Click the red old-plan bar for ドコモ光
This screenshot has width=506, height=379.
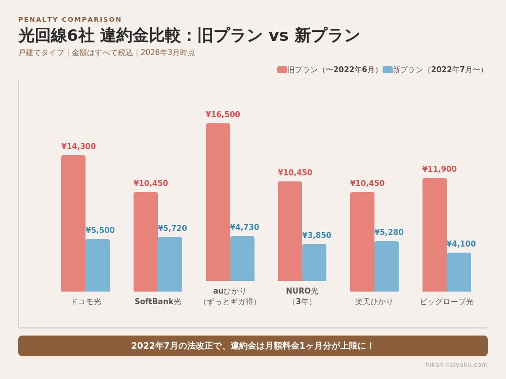(73, 223)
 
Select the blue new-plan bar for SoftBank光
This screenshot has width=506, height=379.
(170, 264)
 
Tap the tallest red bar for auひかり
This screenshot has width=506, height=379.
(218, 202)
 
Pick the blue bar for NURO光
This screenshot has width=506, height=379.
(314, 263)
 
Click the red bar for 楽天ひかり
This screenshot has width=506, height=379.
(362, 242)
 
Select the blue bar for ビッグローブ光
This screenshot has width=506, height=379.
(459, 272)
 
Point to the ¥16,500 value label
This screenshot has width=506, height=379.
(223, 115)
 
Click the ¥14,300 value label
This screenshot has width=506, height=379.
(78, 147)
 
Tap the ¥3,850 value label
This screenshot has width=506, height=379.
(317, 235)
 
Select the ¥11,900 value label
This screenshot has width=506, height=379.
(439, 169)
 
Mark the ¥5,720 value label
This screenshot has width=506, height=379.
(172, 228)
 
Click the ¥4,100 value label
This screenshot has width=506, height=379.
(461, 244)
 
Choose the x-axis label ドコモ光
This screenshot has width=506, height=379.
(86, 302)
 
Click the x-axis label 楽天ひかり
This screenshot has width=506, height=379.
(374, 302)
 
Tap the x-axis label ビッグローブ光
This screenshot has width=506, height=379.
(446, 302)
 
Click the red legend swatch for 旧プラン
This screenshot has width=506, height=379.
(282, 70)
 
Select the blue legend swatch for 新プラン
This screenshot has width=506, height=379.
(387, 70)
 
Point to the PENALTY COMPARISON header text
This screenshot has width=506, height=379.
(70, 20)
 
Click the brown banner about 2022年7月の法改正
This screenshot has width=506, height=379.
(253, 346)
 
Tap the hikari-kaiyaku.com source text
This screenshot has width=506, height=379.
(456, 364)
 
